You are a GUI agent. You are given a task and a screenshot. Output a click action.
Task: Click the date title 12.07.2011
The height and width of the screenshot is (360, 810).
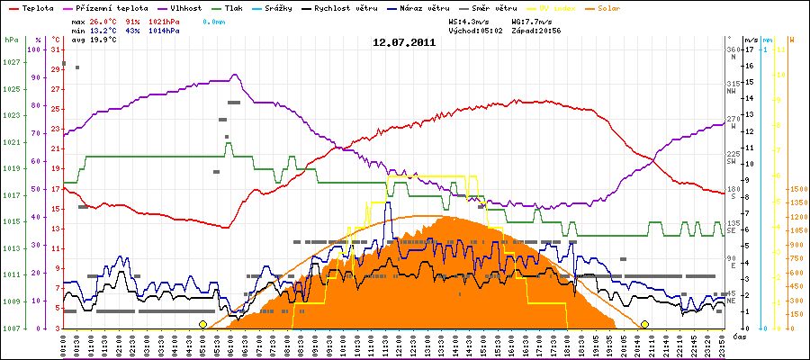click(405, 42)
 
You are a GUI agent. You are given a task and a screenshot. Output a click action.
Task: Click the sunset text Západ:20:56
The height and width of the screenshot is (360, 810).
click(536, 30)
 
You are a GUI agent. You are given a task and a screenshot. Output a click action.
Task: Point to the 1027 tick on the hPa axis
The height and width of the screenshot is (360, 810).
click(11, 62)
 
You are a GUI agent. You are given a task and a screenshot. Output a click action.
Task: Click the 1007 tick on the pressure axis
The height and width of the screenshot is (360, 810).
click(11, 328)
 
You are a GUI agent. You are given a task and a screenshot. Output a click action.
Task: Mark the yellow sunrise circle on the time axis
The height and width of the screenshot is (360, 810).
click(202, 324)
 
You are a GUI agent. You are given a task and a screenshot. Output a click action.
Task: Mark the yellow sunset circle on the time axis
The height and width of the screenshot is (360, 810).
click(644, 324)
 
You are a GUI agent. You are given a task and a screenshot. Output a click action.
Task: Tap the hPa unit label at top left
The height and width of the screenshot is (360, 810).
click(11, 40)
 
